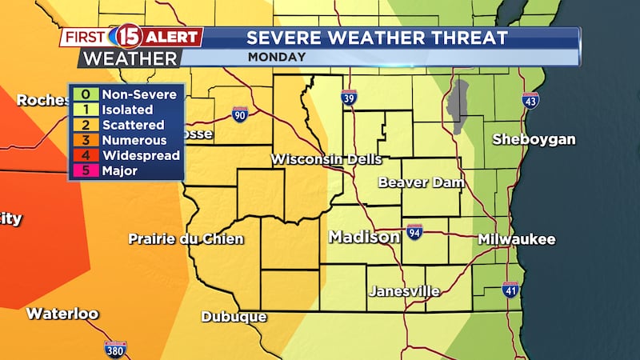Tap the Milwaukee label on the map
[516, 239]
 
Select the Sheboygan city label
[534, 139]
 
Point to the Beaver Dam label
[421, 182]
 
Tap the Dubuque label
[234, 317]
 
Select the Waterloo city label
[62, 314]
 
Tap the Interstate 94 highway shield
[414, 232]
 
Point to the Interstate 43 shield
[530, 99]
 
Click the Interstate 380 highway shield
[115, 349]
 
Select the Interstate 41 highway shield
[510, 290]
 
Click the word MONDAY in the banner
[276, 57]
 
